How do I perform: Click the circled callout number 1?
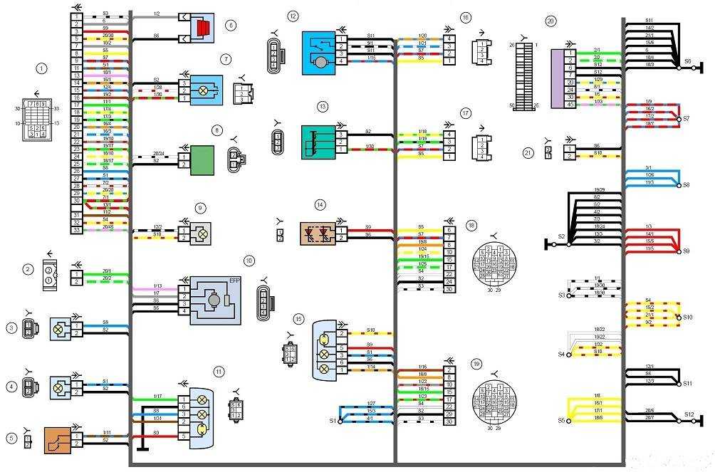(42, 68)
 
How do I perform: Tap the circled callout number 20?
(550, 21)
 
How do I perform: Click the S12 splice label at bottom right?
(689, 414)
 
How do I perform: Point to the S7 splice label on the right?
(686, 120)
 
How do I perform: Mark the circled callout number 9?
(201, 207)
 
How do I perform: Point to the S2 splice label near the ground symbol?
(561, 237)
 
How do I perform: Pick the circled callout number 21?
(528, 152)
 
